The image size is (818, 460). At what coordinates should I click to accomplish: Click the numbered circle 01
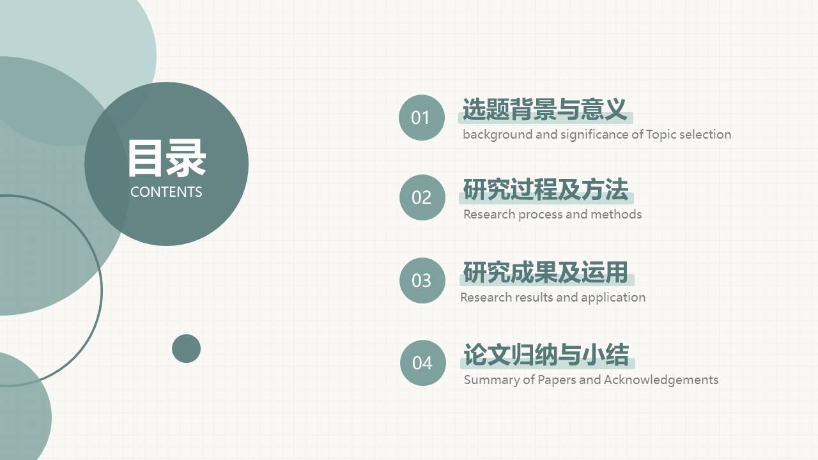point(421,118)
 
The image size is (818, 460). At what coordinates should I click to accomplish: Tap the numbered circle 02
point(422,197)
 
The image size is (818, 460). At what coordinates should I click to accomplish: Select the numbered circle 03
point(422,280)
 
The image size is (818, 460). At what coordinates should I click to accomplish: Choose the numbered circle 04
point(422,363)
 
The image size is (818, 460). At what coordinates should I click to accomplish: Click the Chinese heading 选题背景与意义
point(544,110)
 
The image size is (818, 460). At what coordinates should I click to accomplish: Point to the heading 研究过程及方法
point(546,190)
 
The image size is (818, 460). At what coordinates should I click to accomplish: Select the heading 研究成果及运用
point(546,273)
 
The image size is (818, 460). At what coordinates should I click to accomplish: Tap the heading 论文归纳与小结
point(546,355)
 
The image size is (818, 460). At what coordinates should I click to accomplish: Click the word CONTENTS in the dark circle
point(166,192)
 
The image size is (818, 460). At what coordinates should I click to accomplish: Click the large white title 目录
point(166,158)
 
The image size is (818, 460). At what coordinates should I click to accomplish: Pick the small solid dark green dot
point(186,348)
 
